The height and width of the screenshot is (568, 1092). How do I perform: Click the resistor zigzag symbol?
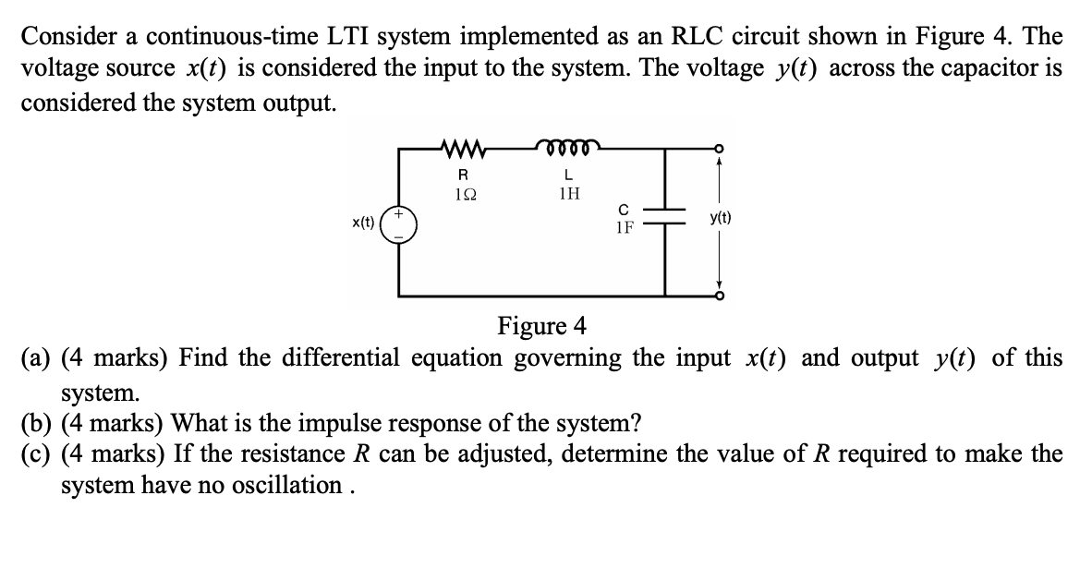464,146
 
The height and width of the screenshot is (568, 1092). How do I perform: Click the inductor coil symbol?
567,145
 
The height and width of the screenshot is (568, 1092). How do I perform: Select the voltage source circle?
400,223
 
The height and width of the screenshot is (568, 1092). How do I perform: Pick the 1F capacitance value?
625,227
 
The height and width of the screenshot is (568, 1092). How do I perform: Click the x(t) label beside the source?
363,223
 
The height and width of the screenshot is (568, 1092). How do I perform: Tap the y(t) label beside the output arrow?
722,219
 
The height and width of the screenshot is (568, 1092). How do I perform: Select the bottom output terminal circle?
718,296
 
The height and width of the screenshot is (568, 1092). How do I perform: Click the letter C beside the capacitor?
624,209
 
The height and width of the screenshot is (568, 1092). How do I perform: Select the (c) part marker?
37,454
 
